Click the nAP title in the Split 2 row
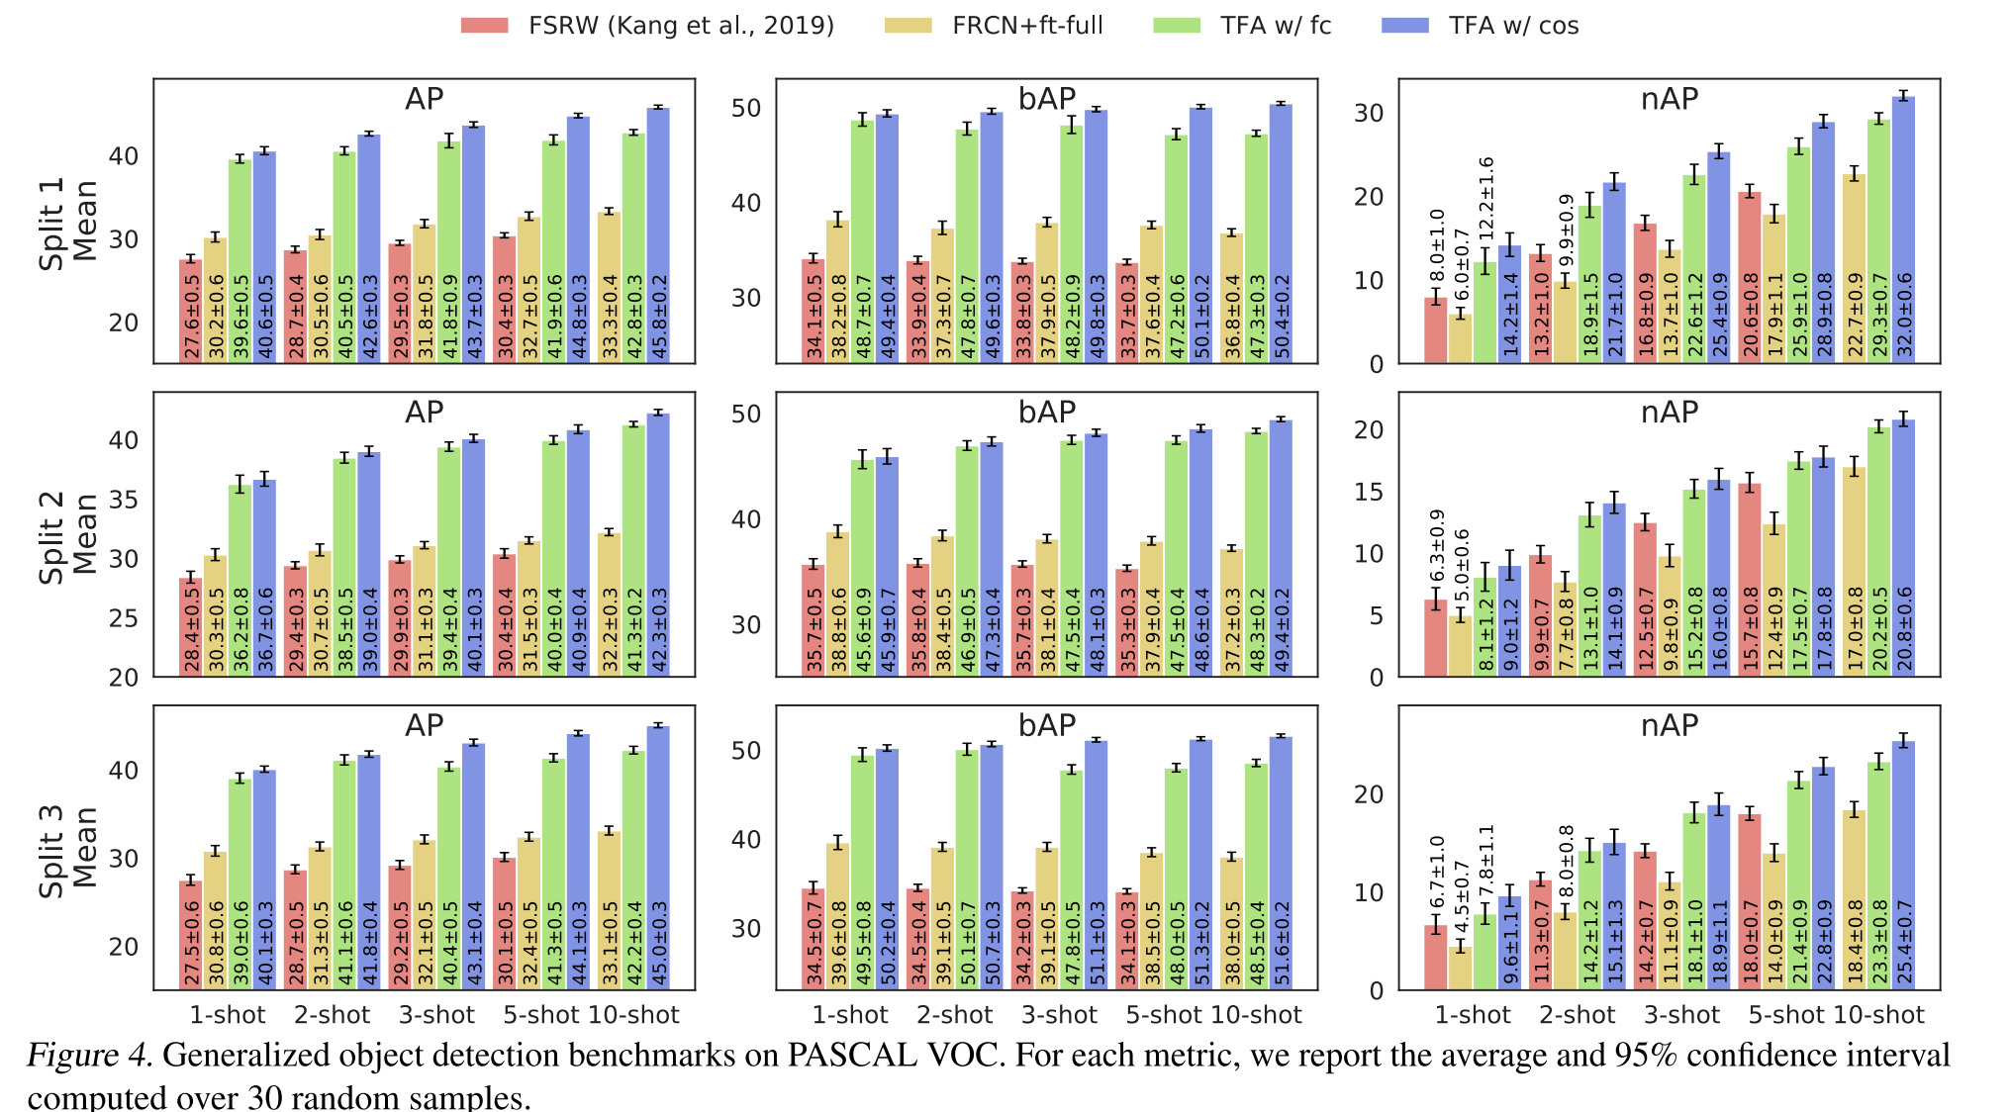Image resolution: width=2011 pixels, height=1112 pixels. (1669, 412)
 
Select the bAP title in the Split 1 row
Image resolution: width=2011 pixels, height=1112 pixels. (1047, 99)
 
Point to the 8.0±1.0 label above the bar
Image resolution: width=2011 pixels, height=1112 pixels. (1437, 247)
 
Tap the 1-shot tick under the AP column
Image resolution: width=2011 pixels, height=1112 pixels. (228, 1015)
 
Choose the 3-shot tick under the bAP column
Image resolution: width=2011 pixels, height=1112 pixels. (1059, 1015)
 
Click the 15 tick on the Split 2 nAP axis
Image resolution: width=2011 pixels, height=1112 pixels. (1369, 492)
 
